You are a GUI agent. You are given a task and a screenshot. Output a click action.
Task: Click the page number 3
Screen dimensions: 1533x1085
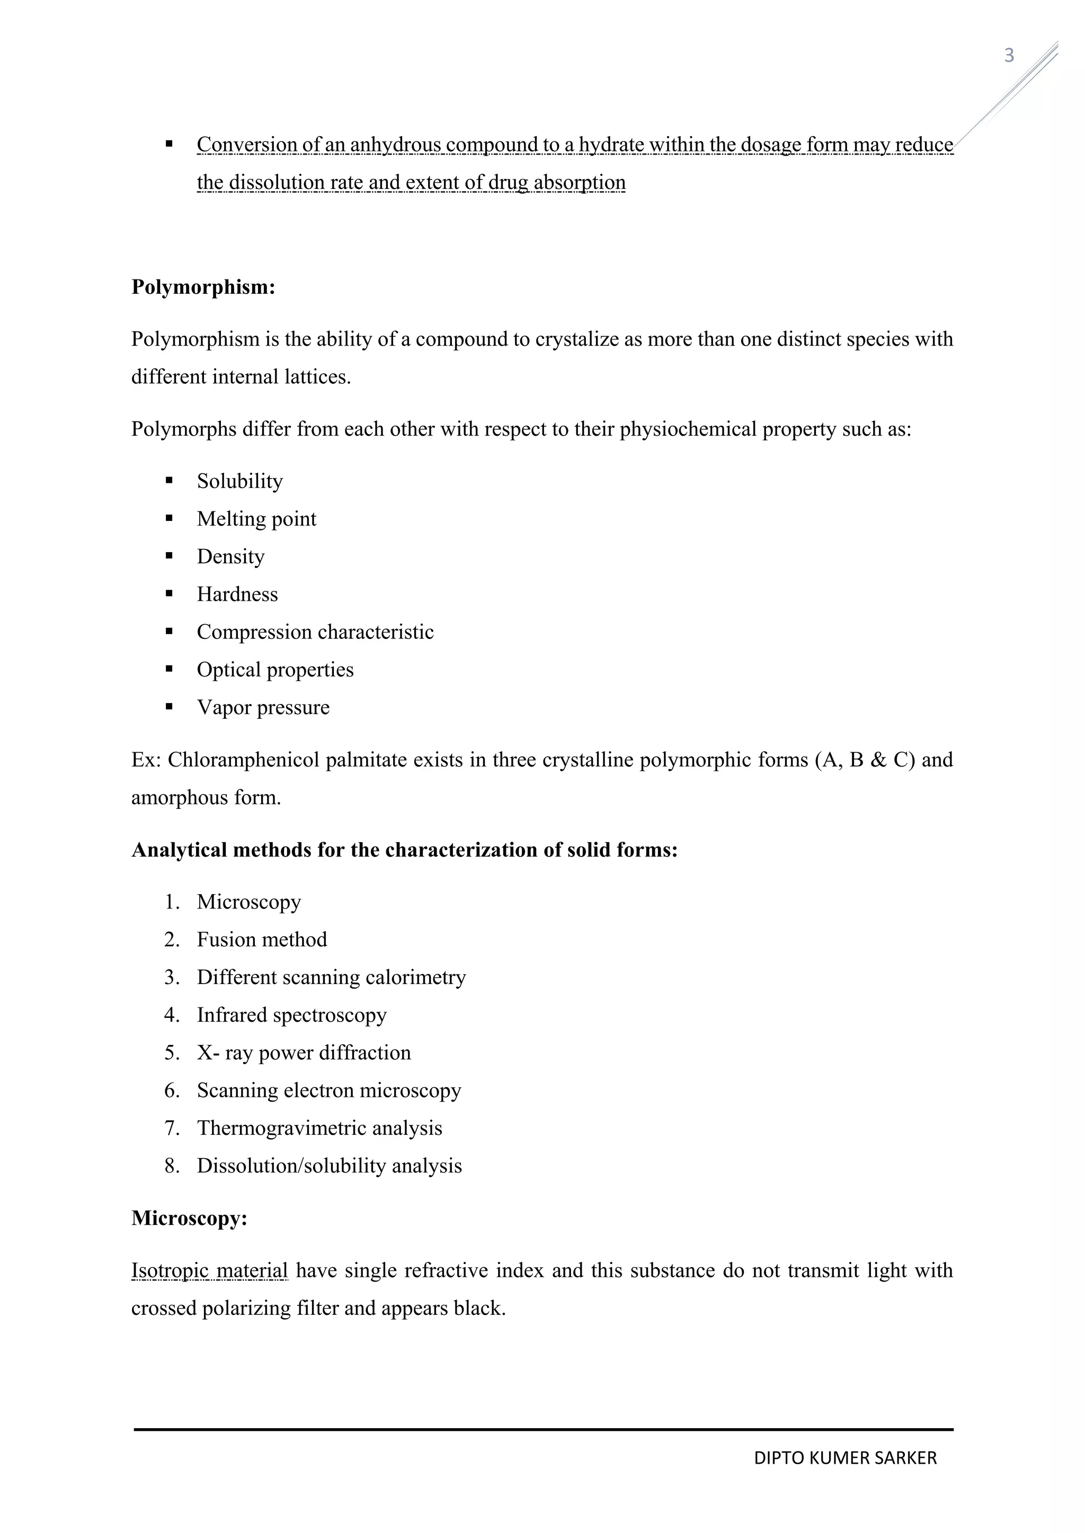(x=1009, y=56)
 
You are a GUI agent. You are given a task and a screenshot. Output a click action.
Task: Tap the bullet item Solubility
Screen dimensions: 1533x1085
(x=239, y=481)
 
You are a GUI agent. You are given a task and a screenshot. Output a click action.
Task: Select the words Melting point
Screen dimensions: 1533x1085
(x=256, y=519)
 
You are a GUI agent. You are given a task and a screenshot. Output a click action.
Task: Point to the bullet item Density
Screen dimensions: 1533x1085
(x=230, y=556)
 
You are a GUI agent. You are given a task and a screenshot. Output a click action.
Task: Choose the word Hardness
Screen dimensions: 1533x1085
(x=237, y=594)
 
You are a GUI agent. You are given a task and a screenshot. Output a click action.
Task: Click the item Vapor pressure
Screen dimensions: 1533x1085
(x=263, y=707)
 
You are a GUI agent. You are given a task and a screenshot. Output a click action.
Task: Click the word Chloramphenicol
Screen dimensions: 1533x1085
(x=243, y=760)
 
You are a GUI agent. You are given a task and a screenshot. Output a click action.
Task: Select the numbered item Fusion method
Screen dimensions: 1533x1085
(x=261, y=940)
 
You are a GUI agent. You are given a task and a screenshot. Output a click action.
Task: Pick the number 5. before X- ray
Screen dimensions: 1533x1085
(x=172, y=1053)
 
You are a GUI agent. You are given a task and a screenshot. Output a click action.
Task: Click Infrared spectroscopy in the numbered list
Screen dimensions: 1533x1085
(x=291, y=1015)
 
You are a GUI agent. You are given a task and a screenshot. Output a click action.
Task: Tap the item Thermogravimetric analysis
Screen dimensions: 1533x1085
(x=319, y=1129)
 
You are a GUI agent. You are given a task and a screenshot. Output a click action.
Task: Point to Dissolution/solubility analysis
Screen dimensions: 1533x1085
(x=328, y=1166)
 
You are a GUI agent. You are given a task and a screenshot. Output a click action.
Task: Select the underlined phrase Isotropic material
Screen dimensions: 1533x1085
(x=209, y=1270)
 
